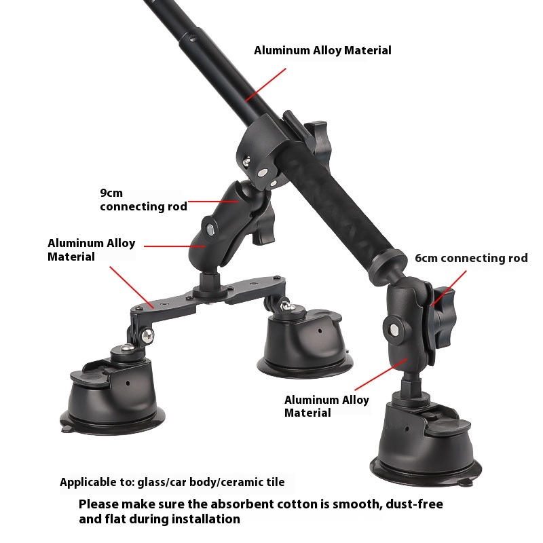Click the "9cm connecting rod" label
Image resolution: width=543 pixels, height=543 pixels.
[x=143, y=200]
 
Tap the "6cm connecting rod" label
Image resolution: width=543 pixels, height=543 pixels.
[x=471, y=258]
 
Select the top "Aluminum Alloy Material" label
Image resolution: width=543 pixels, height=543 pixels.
[x=322, y=50]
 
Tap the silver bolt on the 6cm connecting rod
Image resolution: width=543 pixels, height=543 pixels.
[x=394, y=330]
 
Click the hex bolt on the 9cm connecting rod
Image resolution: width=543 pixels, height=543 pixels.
[x=210, y=229]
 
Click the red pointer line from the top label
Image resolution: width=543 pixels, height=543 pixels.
[x=265, y=84]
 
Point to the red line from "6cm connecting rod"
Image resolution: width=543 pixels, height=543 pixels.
[x=449, y=288]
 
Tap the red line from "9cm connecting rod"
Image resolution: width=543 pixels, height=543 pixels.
[x=213, y=201]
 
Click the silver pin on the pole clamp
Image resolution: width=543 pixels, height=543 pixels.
[x=263, y=172]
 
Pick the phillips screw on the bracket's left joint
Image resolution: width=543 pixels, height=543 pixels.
[x=148, y=335]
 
